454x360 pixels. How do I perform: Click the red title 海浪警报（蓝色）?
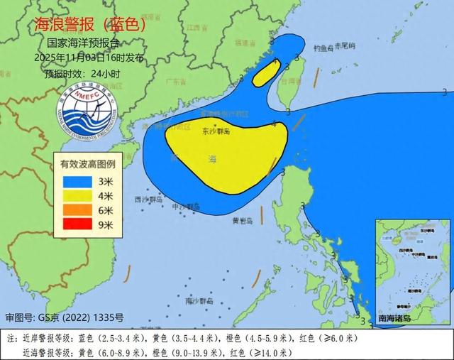click(x=90, y=24)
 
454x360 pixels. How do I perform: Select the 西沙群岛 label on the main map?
click(x=147, y=200)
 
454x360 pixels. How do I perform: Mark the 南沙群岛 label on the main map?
click(x=192, y=301)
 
